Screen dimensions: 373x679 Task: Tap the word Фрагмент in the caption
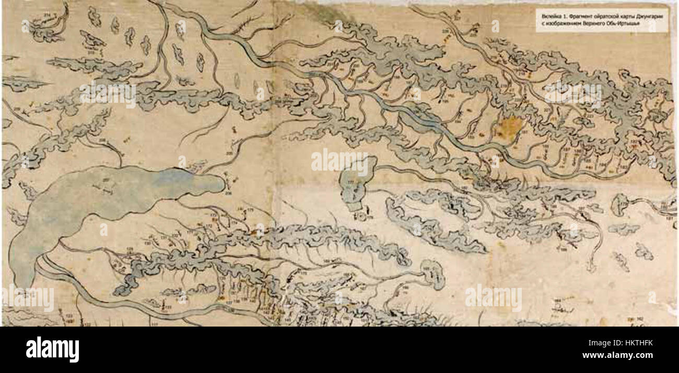[579, 16]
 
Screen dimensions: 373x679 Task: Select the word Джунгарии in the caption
[647, 16]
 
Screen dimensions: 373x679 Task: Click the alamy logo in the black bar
[52, 349]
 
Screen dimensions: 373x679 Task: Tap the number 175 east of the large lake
[250, 210]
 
